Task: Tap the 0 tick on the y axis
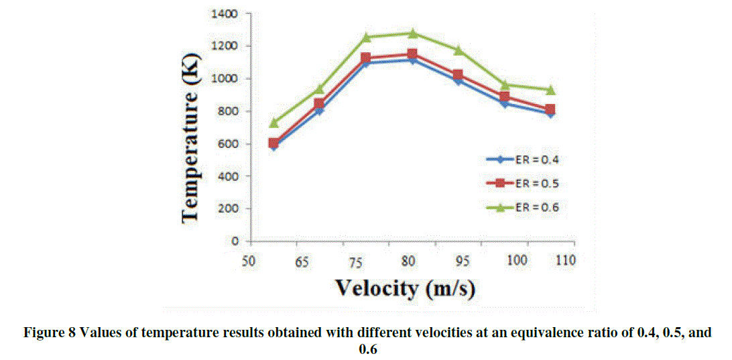pyautogui.click(x=237, y=241)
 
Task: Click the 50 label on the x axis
pyautogui.click(x=249, y=260)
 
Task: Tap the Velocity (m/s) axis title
pyautogui.click(x=408, y=288)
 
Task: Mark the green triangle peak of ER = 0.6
pyautogui.click(x=412, y=33)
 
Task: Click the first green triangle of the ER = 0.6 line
pyautogui.click(x=273, y=123)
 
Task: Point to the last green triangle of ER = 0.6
pyautogui.click(x=550, y=90)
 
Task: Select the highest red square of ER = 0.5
pyautogui.click(x=412, y=54)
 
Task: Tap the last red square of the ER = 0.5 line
pyautogui.click(x=550, y=109)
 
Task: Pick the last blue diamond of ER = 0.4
pyautogui.click(x=550, y=114)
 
